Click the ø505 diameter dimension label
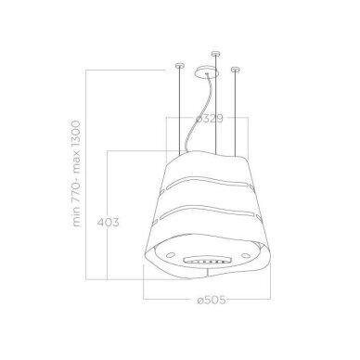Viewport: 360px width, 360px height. click(x=212, y=300)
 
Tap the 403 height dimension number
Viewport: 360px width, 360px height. click(x=108, y=223)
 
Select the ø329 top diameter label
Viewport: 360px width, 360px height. click(x=209, y=118)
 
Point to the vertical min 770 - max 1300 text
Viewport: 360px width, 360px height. click(x=76, y=174)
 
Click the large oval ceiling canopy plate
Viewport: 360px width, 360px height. click(x=207, y=72)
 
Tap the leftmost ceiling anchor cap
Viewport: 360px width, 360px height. click(x=180, y=66)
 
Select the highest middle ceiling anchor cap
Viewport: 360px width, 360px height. click(x=215, y=54)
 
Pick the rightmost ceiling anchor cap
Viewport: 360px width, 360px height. click(x=236, y=70)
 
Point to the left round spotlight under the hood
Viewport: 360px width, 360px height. click(x=170, y=255)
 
